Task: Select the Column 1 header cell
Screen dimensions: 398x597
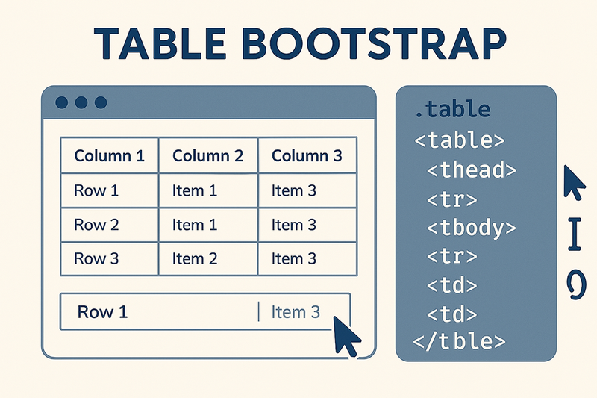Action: [x=109, y=156]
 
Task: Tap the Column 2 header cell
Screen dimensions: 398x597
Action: [x=207, y=156]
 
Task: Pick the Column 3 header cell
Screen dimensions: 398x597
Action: [x=307, y=156]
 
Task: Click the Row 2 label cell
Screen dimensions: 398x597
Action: [x=96, y=224]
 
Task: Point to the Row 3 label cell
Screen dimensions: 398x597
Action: [x=96, y=258]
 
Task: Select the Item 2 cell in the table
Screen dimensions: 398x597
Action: [x=194, y=258]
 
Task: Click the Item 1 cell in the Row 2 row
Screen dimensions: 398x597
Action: [x=194, y=224]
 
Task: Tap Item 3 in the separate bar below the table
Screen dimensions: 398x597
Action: [x=296, y=311]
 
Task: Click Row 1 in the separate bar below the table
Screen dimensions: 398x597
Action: [x=102, y=311]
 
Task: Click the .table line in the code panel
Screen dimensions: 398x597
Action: [x=451, y=110]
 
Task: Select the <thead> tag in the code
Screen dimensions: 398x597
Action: [x=471, y=170]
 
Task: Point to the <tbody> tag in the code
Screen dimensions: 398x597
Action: [x=471, y=227]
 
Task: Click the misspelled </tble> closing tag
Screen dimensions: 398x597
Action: [x=459, y=341]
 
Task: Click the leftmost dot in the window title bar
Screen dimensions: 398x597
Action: [x=62, y=102]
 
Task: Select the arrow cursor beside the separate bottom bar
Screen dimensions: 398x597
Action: [x=345, y=337]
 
